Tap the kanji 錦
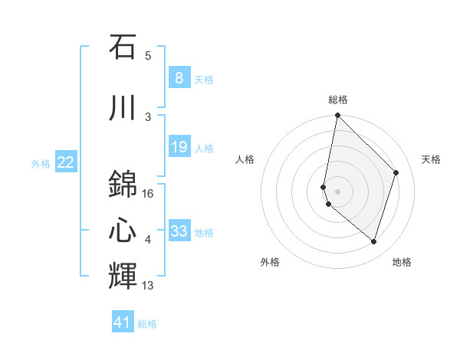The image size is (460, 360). tap(123, 184)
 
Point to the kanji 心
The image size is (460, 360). tap(123, 228)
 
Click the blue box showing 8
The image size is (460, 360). tap(179, 77)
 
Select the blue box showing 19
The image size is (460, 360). tap(179, 147)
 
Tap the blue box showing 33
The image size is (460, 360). tap(179, 231)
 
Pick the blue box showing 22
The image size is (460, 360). tap(66, 162)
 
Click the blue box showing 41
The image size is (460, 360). tap(123, 322)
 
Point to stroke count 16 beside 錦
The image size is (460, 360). tap(148, 195)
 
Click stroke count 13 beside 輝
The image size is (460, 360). tap(148, 286)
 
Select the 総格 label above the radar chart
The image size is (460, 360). tap(338, 100)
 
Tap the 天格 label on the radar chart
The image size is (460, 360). tap(431, 159)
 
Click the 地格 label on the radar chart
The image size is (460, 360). tap(402, 262)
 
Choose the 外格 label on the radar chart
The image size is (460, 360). tap(270, 262)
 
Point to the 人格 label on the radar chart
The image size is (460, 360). tap(245, 159)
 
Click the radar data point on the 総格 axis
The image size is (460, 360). tap(337, 116)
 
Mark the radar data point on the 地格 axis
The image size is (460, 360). tap(373, 241)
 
